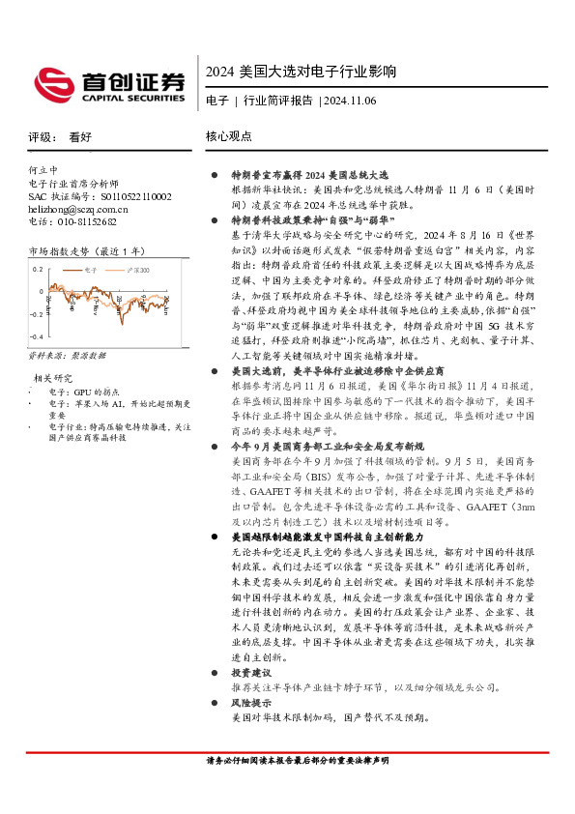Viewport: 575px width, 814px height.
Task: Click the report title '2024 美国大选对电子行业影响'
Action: [x=302, y=73]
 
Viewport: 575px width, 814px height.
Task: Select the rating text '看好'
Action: [x=81, y=137]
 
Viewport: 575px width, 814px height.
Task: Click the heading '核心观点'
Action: [x=229, y=137]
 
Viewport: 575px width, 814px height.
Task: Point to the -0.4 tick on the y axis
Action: [x=36, y=336]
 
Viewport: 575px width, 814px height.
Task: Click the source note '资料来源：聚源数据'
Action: [x=64, y=356]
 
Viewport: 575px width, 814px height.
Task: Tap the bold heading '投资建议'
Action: [x=250, y=672]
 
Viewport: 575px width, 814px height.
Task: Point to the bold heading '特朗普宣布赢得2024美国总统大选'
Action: [x=307, y=176]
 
